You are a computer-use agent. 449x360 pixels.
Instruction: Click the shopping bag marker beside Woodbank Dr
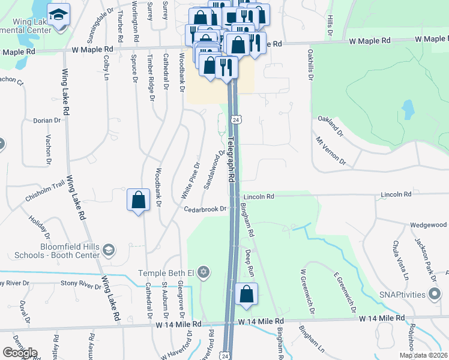pos(139,200)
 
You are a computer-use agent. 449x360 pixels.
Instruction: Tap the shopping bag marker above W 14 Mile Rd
pos(246,294)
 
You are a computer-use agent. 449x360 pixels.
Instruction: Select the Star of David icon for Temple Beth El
pos(203,273)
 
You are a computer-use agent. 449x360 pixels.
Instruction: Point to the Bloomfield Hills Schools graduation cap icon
pos(108,250)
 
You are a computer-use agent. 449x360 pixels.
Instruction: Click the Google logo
pos(20,353)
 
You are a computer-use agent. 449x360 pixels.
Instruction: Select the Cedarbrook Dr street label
pos(205,209)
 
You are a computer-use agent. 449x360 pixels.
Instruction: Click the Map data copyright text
pos(423,355)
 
